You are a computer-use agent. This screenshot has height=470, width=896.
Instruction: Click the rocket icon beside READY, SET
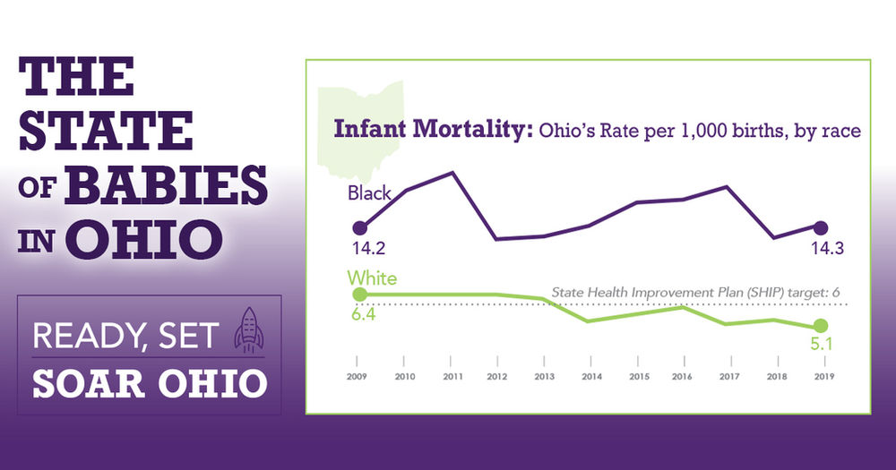click(248, 330)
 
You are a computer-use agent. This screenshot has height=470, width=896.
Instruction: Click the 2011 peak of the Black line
click(452, 172)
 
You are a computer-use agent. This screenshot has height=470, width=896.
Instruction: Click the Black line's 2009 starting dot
click(359, 227)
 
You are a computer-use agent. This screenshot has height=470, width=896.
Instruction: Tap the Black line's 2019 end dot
click(820, 227)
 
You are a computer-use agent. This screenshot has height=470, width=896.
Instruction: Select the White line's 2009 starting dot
click(359, 295)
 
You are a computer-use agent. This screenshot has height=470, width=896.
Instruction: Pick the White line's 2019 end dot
click(820, 325)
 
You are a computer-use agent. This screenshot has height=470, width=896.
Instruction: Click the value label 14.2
click(368, 249)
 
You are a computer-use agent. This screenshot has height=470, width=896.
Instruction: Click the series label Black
click(370, 193)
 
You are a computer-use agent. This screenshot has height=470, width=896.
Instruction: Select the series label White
click(372, 278)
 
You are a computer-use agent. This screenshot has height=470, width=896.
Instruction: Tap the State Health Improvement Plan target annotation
click(694, 293)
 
